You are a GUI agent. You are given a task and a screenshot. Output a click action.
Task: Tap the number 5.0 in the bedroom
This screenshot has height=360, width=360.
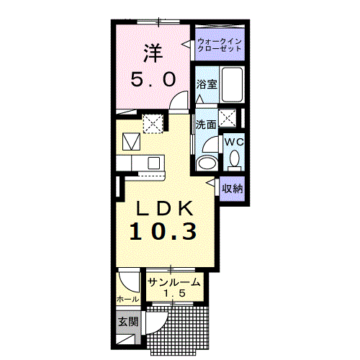point(153,80)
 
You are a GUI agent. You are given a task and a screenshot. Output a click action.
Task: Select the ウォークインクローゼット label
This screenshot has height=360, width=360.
point(219,45)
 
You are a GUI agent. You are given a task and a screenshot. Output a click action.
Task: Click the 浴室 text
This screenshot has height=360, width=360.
point(207,84)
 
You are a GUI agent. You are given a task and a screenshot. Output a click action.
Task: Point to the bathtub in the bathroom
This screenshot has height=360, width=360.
point(232,85)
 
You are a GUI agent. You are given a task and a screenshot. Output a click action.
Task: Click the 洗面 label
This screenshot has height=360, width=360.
point(206,125)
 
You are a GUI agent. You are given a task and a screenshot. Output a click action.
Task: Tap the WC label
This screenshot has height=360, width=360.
point(234,142)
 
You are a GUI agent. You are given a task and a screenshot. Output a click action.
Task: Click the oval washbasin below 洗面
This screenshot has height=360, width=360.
point(207,163)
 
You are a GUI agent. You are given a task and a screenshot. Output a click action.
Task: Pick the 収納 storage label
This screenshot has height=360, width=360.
point(232,189)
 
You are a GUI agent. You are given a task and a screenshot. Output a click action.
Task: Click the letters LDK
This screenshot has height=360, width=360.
point(165,208)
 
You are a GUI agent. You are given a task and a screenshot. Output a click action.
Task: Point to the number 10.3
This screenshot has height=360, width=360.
point(163,231)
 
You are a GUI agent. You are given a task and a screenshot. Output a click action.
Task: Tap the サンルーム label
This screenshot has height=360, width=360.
point(174,282)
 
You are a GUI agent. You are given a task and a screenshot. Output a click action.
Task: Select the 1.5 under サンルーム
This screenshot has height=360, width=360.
point(174,293)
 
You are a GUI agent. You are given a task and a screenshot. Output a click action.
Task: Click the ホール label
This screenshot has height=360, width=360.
point(127,299)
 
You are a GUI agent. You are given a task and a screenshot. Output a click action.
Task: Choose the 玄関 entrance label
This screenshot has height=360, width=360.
point(129,322)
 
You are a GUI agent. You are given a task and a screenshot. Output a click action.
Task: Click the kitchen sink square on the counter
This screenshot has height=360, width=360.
point(153,163)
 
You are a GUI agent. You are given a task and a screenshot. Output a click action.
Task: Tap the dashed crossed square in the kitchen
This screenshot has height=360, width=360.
point(153,124)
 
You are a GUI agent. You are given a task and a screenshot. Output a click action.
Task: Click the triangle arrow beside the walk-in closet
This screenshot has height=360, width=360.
point(186,45)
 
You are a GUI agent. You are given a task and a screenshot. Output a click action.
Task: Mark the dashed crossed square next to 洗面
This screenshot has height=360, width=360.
point(228,117)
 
